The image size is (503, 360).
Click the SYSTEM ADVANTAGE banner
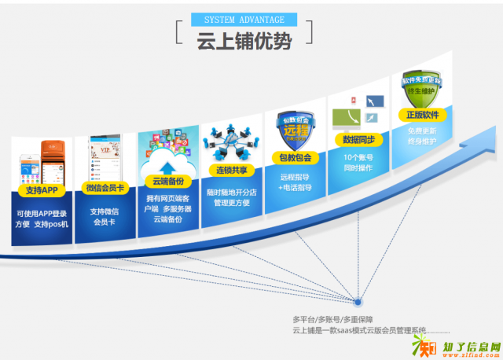[x=244, y=19]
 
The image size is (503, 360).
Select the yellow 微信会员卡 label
[x=105, y=188]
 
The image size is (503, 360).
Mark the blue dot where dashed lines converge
[x=358, y=301]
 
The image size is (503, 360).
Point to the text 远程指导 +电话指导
[x=295, y=182]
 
